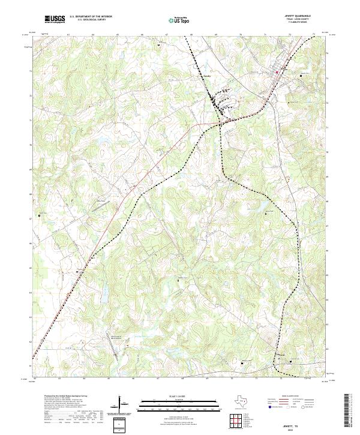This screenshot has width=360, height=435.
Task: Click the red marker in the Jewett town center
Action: [x=277, y=73]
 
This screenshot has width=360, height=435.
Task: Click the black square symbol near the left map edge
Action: [x=40, y=215]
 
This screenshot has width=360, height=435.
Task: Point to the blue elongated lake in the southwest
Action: [x=102, y=293]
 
